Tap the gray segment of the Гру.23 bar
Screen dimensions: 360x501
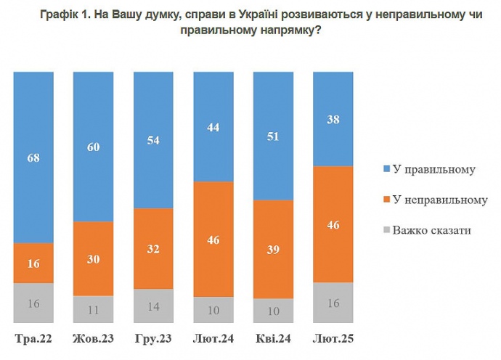(153, 306)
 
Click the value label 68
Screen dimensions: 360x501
(33, 157)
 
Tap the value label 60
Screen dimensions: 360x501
(94, 147)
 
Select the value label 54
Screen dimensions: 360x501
(153, 139)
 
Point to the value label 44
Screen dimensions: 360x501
(213, 126)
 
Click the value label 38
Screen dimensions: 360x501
(333, 119)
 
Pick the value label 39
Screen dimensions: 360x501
(273, 249)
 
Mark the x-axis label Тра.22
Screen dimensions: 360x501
(33, 339)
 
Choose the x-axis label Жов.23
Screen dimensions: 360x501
(94, 339)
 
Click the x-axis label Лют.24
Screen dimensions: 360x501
(213, 339)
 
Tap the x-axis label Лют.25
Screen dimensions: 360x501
(333, 339)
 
